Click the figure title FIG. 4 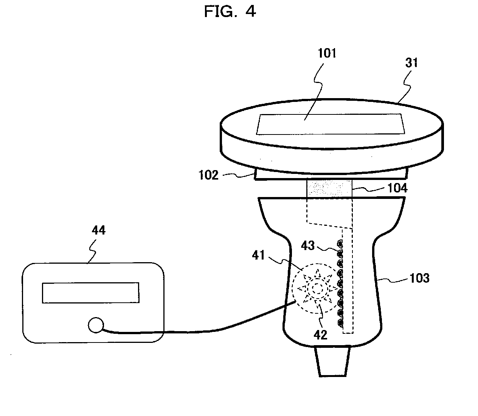tap(230, 12)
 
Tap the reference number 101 tap(327, 53)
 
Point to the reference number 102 tap(209, 176)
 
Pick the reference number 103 tap(419, 278)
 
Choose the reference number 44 tap(99, 230)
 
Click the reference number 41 tap(258, 256)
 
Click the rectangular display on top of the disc tap(330, 124)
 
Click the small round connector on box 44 tap(96, 325)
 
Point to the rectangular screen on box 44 tap(90, 292)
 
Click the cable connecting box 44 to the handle tap(197, 331)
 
